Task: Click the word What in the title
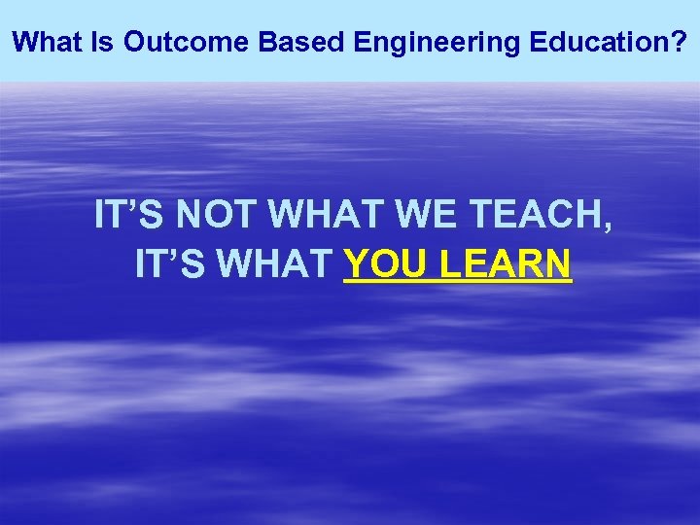point(47,42)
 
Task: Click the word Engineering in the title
point(409,43)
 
